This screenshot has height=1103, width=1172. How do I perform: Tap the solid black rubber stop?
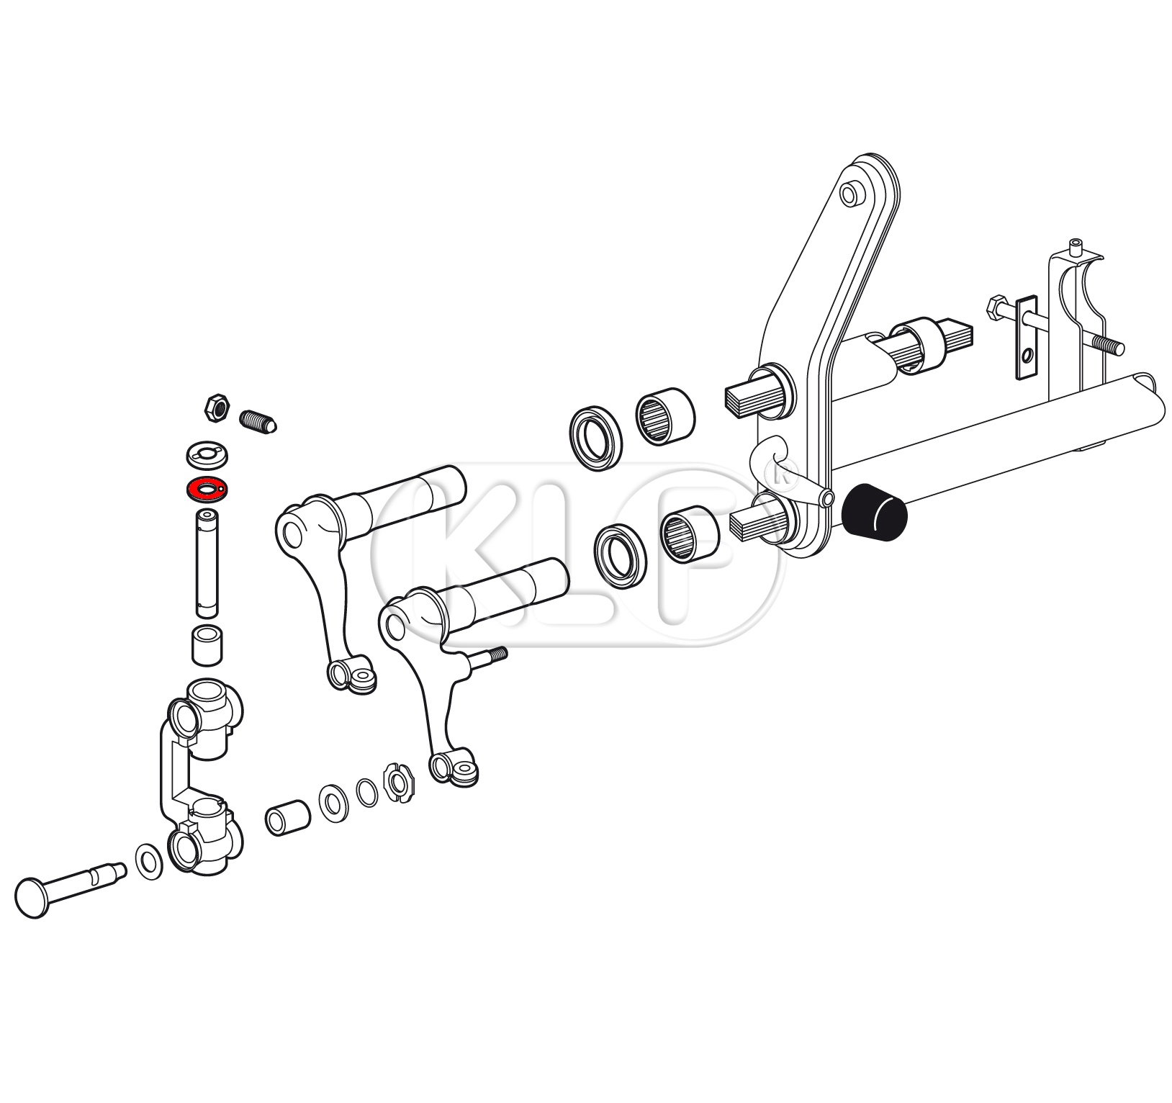[875, 513]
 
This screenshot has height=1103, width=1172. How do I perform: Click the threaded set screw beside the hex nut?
[257, 420]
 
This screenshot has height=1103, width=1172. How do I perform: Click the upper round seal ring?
[595, 438]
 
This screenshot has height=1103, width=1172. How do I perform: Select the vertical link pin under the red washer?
[207, 562]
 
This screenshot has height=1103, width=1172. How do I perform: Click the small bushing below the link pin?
[207, 645]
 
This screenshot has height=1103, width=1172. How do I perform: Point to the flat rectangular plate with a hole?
[1027, 336]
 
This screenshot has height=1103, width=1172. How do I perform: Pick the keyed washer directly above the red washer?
[207, 453]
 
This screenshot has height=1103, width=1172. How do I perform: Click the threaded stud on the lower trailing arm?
[489, 655]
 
